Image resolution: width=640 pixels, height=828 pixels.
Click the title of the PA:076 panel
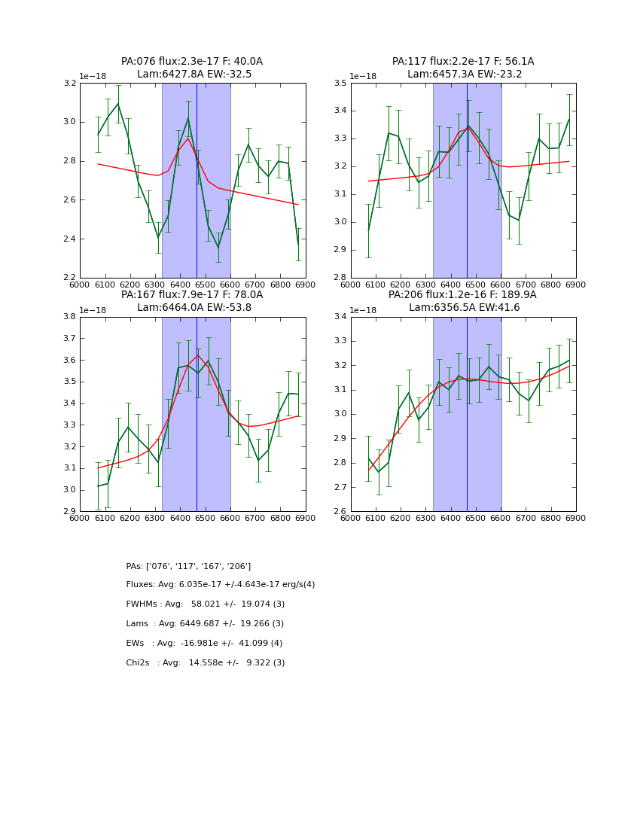[x=192, y=68]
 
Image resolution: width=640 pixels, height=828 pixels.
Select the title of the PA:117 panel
[x=463, y=68]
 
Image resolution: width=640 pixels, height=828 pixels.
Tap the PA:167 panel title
[x=192, y=301]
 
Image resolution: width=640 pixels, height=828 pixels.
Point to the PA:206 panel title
[x=463, y=301]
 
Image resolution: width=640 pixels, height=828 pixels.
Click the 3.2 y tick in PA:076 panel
[x=69, y=83]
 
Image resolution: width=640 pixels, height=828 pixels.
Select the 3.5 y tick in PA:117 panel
[x=340, y=83]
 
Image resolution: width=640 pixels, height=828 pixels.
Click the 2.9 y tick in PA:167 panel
[x=69, y=512]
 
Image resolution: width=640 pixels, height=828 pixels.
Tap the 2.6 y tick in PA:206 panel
[x=340, y=512]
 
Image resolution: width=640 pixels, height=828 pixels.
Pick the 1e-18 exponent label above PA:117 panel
[x=364, y=77]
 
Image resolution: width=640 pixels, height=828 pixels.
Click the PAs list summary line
[x=188, y=566]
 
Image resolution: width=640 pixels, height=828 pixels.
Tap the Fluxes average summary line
[x=221, y=585]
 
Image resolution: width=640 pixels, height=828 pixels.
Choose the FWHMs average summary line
[x=206, y=604]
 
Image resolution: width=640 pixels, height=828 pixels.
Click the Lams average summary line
[x=205, y=624]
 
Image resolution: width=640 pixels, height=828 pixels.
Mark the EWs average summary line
[x=204, y=644]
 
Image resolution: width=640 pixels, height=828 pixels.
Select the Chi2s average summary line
[x=206, y=663]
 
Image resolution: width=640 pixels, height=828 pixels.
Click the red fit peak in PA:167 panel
[x=197, y=355]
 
